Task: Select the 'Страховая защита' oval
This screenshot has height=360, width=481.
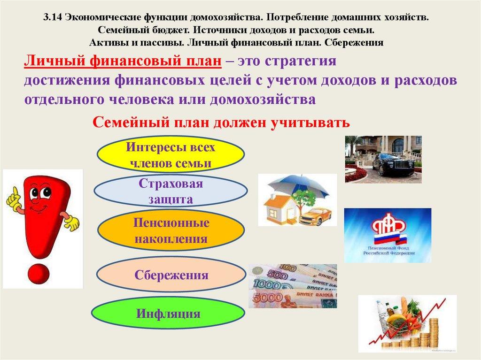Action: pyautogui.click(x=171, y=191)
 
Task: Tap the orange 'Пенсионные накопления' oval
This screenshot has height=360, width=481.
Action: pyautogui.click(x=171, y=230)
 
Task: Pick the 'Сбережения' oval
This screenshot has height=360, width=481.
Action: pyautogui.click(x=171, y=275)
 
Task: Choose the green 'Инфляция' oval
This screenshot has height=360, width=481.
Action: pyautogui.click(x=169, y=313)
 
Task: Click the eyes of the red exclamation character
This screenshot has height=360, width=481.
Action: pyautogui.click(x=40, y=192)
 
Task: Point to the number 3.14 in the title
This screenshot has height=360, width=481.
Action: pyautogui.click(x=53, y=17)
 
